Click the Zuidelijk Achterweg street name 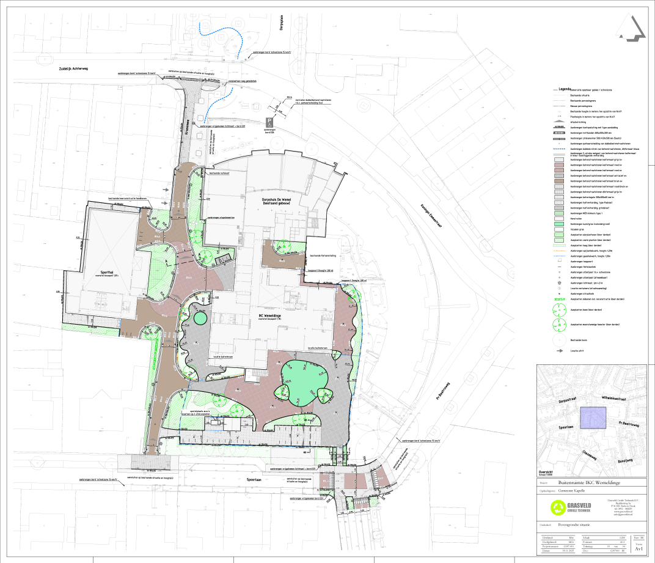pos(70,69)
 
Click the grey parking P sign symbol pos(269,122)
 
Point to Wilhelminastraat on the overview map pos(620,397)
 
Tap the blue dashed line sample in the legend pos(560,148)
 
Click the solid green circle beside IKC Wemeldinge pos(200,318)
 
